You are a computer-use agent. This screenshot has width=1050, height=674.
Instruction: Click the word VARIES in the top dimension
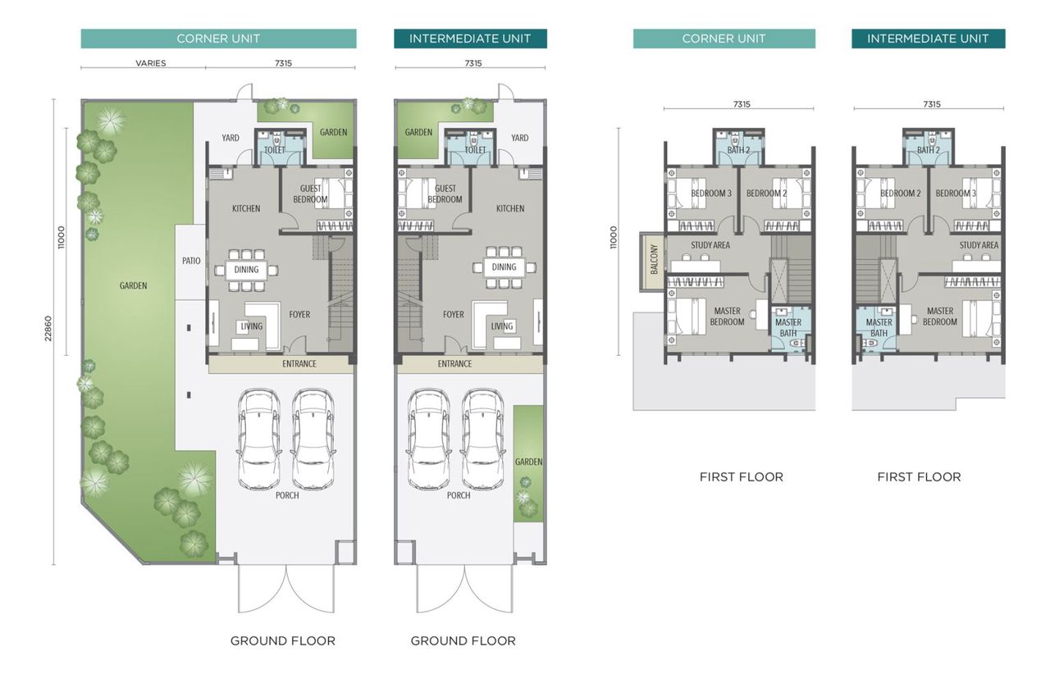pyautogui.click(x=150, y=63)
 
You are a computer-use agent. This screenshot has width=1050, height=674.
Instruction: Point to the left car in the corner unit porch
pyautogui.click(x=258, y=439)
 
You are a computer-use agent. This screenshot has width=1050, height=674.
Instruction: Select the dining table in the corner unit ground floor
pyautogui.click(x=246, y=269)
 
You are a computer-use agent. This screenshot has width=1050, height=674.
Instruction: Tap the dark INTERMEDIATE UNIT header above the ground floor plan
pyautogui.click(x=470, y=39)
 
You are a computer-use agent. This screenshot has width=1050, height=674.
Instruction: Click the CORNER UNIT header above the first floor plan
pyautogui.click(x=724, y=39)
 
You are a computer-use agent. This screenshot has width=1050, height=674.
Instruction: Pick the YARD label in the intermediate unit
pyautogui.click(x=520, y=138)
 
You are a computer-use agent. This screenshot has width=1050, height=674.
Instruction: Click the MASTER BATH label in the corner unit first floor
pyautogui.click(x=788, y=327)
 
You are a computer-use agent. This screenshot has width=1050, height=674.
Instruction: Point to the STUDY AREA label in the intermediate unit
pyautogui.click(x=979, y=245)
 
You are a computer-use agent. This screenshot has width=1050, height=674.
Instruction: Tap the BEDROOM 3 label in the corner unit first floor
pyautogui.click(x=711, y=194)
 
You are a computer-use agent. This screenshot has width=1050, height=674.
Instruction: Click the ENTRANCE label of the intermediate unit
pyautogui.click(x=454, y=364)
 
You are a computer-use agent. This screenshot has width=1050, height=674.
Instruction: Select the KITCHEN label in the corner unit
pyautogui.click(x=245, y=208)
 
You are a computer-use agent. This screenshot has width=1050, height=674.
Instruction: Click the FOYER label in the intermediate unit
pyautogui.click(x=454, y=314)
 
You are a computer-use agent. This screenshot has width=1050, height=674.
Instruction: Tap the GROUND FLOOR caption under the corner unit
pyautogui.click(x=282, y=640)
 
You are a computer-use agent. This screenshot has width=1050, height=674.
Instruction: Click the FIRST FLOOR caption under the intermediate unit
pyautogui.click(x=919, y=476)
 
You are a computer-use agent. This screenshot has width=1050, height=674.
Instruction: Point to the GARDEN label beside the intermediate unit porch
pyautogui.click(x=528, y=462)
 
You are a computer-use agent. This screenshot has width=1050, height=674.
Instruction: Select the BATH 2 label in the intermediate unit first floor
pyautogui.click(x=929, y=150)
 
